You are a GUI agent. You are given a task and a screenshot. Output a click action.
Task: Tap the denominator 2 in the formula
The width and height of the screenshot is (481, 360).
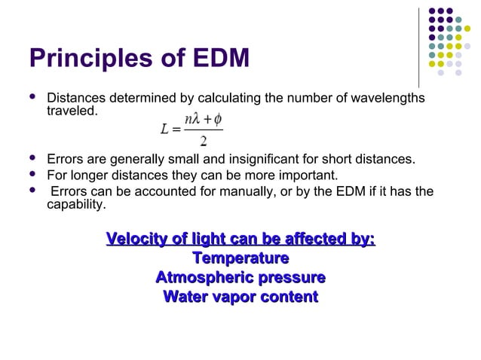pos(204,142)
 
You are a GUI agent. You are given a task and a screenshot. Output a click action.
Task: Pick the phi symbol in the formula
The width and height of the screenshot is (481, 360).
pos(217,120)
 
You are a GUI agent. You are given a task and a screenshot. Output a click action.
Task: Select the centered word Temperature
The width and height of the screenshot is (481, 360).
pos(240,259)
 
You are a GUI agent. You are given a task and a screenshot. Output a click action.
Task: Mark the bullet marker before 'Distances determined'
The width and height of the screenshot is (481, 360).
pos(33,99)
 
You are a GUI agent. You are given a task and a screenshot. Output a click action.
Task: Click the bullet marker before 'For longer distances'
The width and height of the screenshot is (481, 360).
pos(33,175)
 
